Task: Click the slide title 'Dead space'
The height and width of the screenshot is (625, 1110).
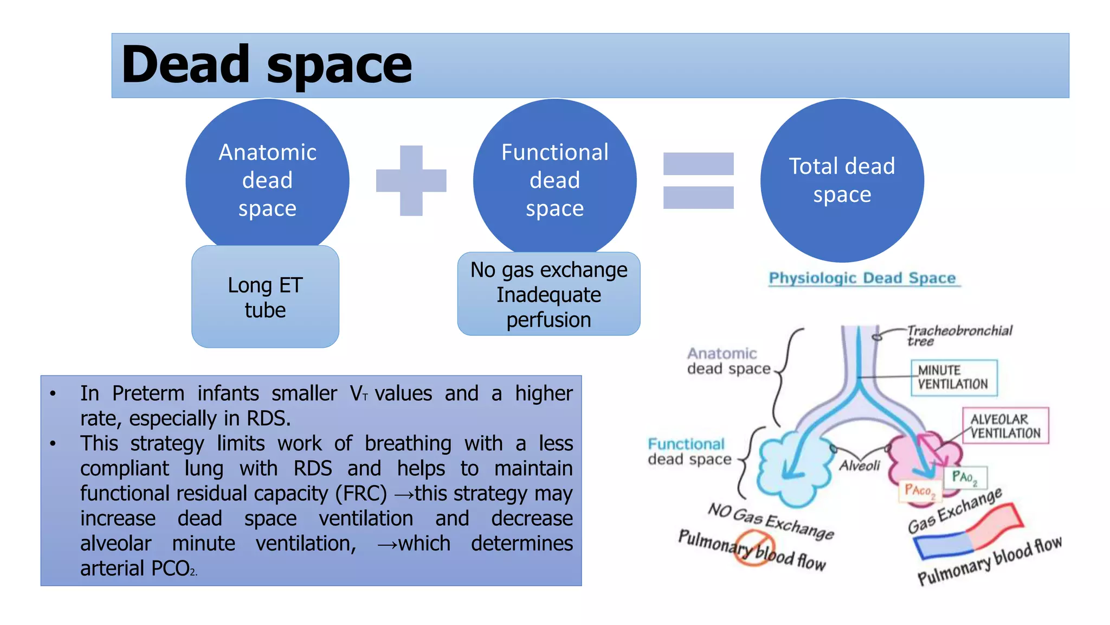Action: [267, 65]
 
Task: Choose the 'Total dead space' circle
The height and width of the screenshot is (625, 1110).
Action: [842, 180]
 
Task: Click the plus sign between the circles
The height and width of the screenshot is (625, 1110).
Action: [411, 181]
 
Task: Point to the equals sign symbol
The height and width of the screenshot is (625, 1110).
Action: [698, 181]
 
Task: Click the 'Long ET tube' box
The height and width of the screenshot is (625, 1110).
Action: [265, 297]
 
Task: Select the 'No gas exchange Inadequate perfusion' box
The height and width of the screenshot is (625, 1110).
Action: [548, 294]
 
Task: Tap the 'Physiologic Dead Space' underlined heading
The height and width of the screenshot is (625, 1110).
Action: [862, 278]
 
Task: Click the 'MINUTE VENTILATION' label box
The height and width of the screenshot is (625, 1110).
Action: [953, 378]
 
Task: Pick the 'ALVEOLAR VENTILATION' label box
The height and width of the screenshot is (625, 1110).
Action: [1005, 426]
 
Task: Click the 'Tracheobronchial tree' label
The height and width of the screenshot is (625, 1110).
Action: [958, 335]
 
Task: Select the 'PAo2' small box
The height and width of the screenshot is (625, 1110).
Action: [965, 477]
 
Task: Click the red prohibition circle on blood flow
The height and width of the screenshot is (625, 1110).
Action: [755, 548]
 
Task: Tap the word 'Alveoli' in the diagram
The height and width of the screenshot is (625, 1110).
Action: [860, 465]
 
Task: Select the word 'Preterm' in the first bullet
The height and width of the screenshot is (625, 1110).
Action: [148, 393]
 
